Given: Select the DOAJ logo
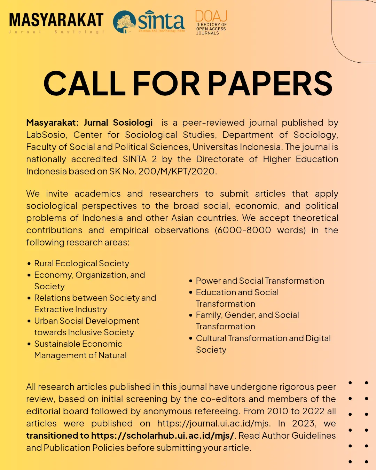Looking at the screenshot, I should [211, 22].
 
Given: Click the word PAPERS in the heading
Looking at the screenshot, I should [270, 84].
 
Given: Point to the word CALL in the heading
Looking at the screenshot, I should [84, 84].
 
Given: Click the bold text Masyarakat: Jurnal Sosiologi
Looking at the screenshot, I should [89, 123].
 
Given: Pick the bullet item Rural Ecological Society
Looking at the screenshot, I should [81, 263].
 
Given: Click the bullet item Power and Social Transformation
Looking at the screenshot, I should [260, 281].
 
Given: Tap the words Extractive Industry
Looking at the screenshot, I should [71, 309].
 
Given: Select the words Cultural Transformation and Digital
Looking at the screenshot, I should [263, 338].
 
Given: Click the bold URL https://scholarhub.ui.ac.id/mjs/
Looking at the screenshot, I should [163, 436].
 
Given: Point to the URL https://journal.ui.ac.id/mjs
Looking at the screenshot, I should [214, 423].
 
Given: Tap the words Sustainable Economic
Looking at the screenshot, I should [78, 344].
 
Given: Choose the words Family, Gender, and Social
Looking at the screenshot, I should [247, 315].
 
